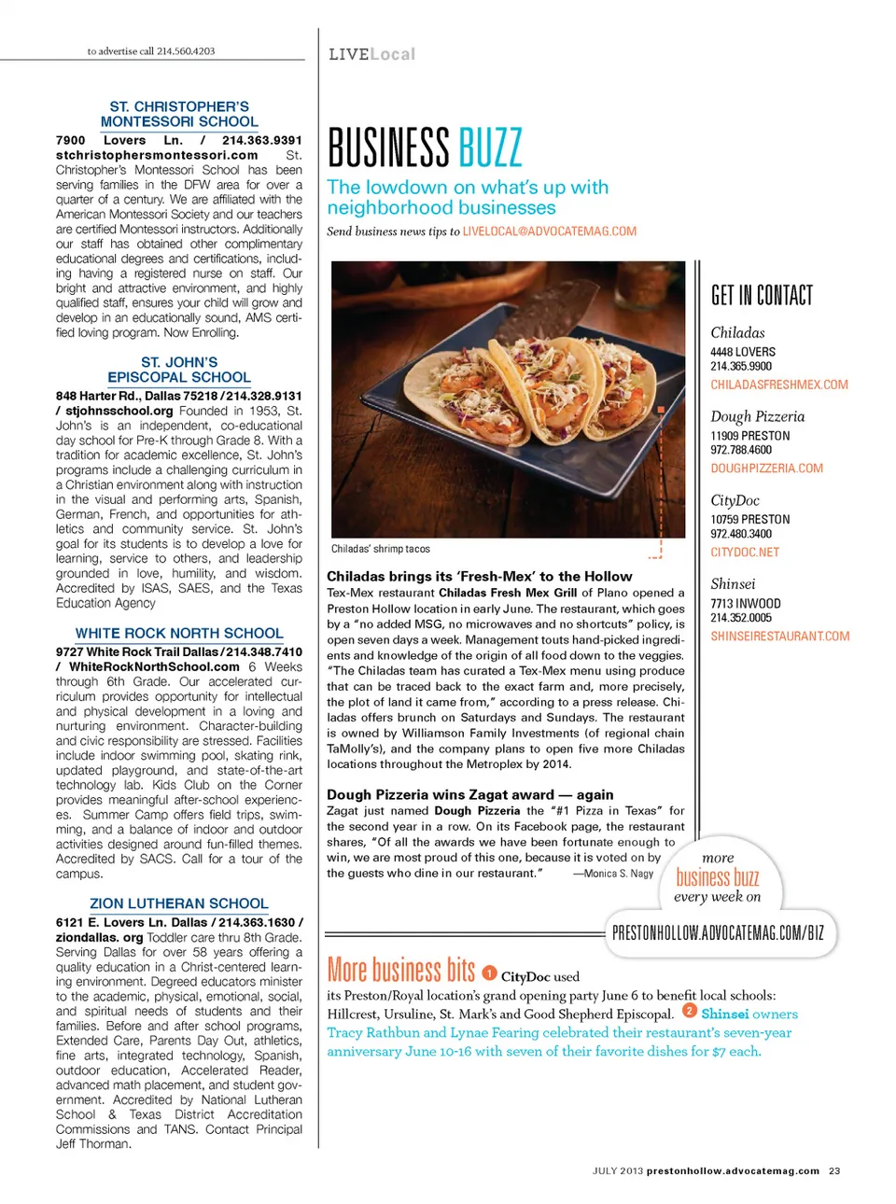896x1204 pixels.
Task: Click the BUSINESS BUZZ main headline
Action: [425, 148]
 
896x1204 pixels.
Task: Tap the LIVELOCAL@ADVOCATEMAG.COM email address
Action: [549, 231]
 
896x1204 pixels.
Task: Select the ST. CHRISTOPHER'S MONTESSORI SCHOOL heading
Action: [179, 114]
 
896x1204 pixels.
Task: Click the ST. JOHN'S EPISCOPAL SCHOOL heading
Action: [179, 370]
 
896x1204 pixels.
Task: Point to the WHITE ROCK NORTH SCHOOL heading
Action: [179, 633]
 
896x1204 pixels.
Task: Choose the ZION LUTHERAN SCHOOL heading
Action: [179, 903]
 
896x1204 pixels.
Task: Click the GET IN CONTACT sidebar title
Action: [762, 296]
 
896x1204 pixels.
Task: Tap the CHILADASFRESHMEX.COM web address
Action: [779, 385]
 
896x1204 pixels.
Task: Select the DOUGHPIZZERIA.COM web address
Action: [766, 469]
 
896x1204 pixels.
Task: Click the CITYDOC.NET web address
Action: [745, 553]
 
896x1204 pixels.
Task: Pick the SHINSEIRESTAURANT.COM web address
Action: [780, 637]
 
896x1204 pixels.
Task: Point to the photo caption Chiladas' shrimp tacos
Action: [380, 549]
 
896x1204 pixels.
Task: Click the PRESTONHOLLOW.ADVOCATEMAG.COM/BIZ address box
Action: [718, 932]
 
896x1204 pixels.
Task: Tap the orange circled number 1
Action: [490, 974]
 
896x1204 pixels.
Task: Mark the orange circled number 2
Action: [690, 1011]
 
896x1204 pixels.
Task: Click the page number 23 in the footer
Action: [834, 1170]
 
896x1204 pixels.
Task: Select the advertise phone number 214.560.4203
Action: [186, 51]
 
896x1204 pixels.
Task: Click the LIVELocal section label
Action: [371, 54]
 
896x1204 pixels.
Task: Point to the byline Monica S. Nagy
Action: [617, 874]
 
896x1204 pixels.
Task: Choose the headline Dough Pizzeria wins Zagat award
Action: [469, 794]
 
